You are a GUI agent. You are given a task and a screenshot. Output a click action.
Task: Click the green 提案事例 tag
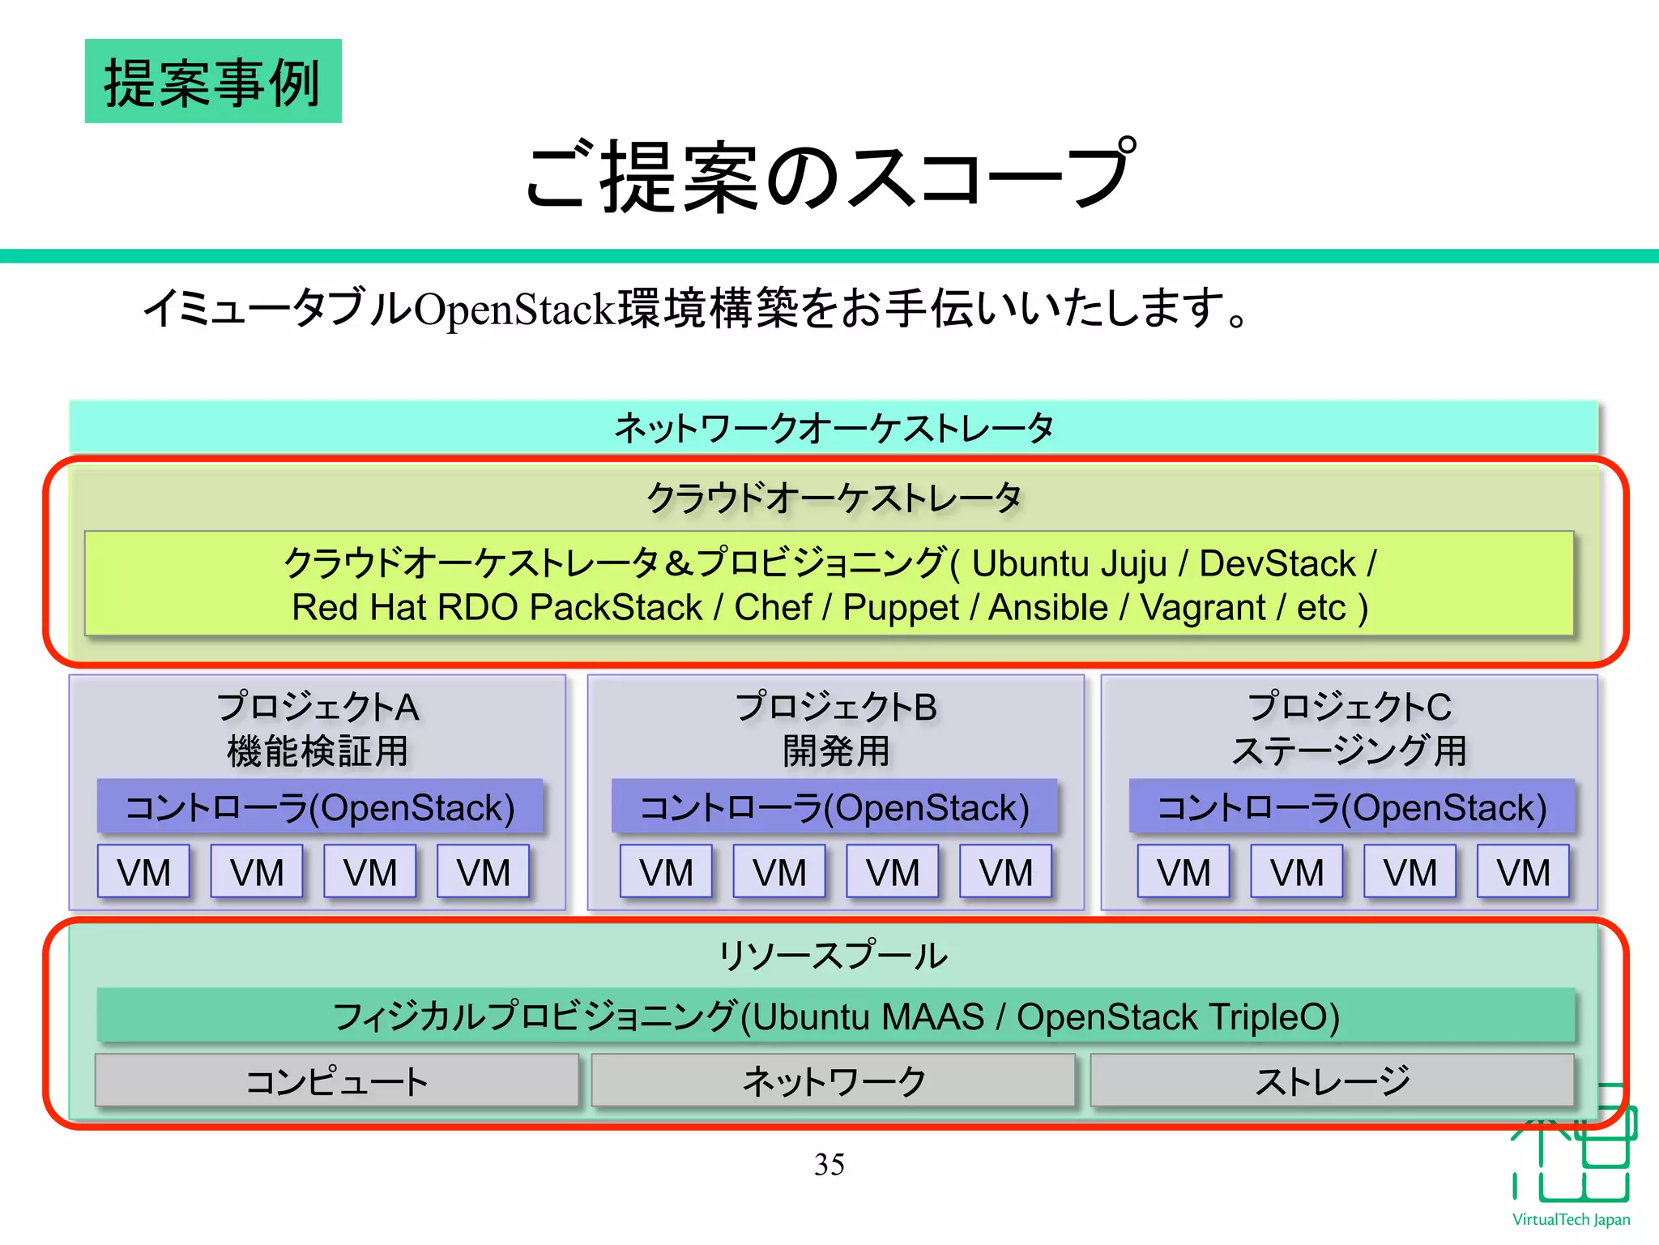(213, 82)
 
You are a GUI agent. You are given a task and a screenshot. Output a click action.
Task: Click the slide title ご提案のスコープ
(829, 175)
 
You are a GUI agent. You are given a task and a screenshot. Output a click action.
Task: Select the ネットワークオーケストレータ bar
(833, 427)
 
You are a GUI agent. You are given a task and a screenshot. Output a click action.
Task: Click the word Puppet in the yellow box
(900, 608)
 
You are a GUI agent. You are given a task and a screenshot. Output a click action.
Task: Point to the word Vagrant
(1202, 608)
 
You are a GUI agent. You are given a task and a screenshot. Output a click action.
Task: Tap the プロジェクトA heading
(318, 707)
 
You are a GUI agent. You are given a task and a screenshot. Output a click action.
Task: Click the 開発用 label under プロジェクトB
(835, 751)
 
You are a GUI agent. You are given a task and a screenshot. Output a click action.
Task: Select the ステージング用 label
(1349, 751)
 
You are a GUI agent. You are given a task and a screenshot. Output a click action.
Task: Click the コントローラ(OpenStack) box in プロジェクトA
(320, 807)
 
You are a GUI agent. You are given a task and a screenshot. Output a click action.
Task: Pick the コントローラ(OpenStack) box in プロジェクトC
(1351, 807)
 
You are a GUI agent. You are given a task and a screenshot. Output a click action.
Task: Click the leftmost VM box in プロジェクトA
(143, 872)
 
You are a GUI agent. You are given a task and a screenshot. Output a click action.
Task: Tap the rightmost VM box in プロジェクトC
(1522, 872)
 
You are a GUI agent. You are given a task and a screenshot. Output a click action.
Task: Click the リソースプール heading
(833, 956)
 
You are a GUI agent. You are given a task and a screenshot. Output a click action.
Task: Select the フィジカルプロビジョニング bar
(835, 1016)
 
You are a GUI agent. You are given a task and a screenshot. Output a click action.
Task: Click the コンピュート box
(337, 1081)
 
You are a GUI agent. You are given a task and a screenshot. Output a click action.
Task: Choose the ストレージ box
(1332, 1081)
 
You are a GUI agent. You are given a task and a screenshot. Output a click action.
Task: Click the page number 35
(829, 1165)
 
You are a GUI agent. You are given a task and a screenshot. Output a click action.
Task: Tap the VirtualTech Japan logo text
(1571, 1219)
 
